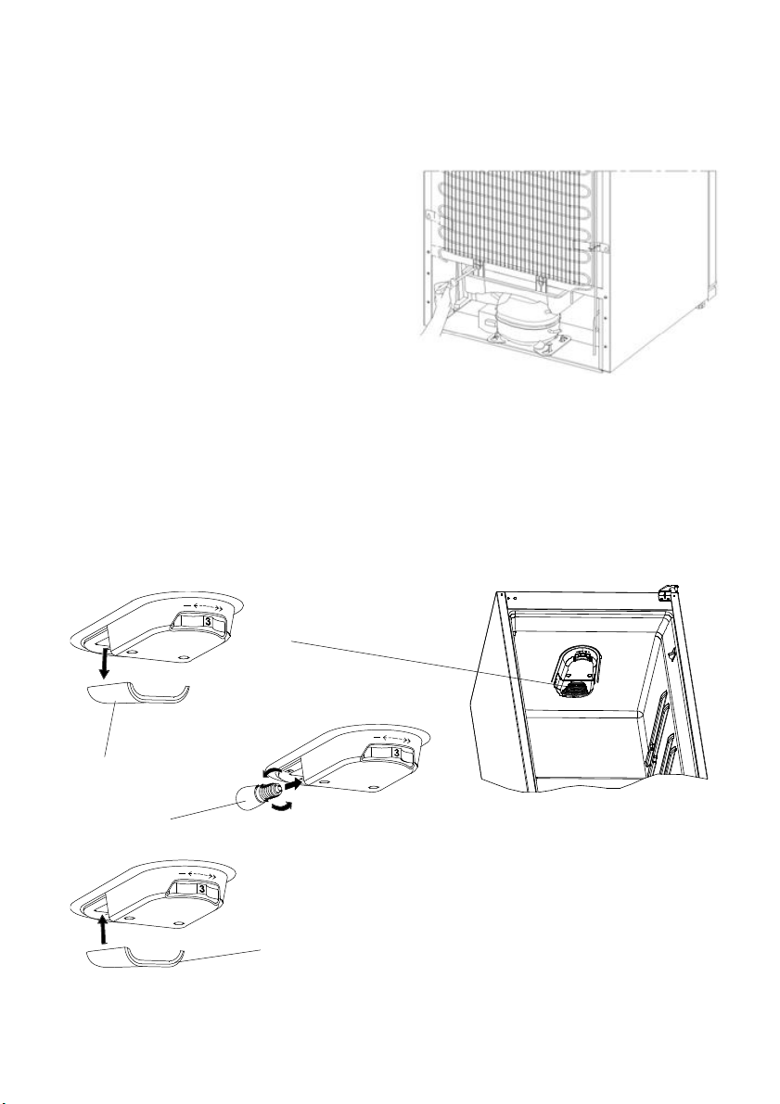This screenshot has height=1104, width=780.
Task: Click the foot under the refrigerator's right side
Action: (x=702, y=306)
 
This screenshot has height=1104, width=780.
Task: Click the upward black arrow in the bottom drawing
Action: (x=104, y=928)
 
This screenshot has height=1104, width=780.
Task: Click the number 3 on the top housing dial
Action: (x=207, y=622)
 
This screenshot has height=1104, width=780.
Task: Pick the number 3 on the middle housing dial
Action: (x=397, y=754)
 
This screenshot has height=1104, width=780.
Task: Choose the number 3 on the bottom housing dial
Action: (x=201, y=890)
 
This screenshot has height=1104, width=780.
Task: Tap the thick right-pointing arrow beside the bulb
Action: (x=295, y=781)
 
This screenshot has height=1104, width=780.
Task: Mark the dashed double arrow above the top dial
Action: (x=201, y=604)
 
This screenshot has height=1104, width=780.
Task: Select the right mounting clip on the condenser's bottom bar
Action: (x=541, y=283)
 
